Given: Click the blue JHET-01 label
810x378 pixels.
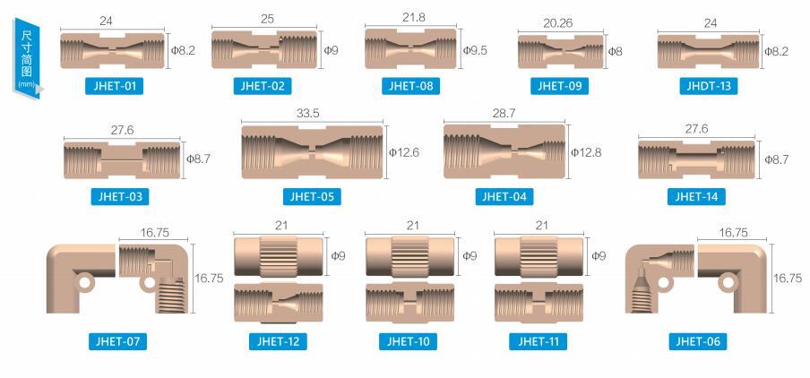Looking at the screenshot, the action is pyautogui.click(x=114, y=85).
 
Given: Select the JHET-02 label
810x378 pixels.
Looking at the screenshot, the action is pyautogui.click(x=263, y=85).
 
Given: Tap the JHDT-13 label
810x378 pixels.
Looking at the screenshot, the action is pyautogui.click(x=708, y=85).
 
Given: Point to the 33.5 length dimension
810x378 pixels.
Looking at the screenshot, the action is pyautogui.click(x=308, y=114).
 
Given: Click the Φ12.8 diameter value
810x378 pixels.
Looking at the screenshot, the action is pyautogui.click(x=586, y=152).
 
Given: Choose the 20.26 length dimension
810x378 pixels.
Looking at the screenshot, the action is pyautogui.click(x=558, y=24).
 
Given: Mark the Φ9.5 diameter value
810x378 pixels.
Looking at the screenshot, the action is pyautogui.click(x=474, y=50).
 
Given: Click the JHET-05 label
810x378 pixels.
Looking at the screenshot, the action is pyautogui.click(x=312, y=196).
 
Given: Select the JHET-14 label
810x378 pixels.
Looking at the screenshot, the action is pyautogui.click(x=696, y=196).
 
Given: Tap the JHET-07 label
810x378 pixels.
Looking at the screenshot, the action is pyautogui.click(x=117, y=340).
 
